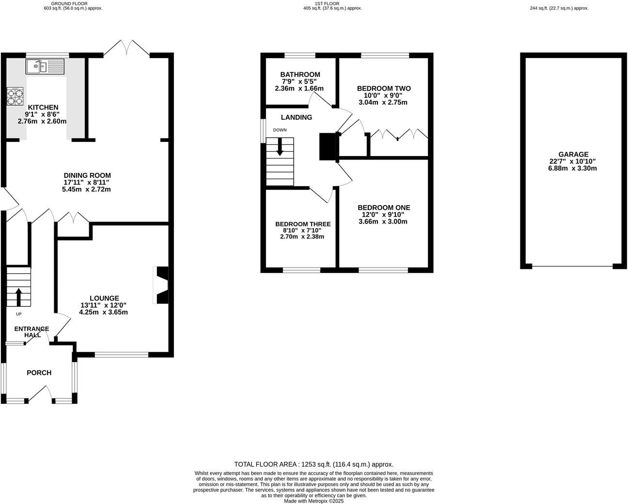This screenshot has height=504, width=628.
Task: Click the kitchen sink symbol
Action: pos(45,66)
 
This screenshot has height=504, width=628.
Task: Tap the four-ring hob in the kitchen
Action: pos(15,96)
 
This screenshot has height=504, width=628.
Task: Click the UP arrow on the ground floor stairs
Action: pos(18,297)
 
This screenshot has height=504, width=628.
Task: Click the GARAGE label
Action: pos(572,155)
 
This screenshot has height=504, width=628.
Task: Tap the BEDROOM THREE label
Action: pos(303,224)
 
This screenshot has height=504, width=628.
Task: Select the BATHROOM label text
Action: pos(300,75)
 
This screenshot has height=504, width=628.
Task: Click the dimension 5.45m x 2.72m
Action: pos(86,189)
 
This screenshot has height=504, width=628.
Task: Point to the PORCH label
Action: pos(39,373)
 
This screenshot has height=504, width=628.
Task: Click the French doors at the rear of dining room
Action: pos(127,48)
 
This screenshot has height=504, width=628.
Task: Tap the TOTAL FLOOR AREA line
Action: pos(314,464)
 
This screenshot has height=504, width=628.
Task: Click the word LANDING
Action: pos(297,117)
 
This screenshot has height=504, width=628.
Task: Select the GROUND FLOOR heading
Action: pos(69,3)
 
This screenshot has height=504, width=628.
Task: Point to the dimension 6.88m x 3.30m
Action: pos(572,169)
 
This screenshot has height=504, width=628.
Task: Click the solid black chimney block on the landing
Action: pos(328,146)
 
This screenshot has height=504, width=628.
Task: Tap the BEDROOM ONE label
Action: pos(384,207)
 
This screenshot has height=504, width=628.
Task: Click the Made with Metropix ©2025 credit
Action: pos(314,501)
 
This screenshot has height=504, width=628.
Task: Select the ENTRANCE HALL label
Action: pos(32,332)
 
